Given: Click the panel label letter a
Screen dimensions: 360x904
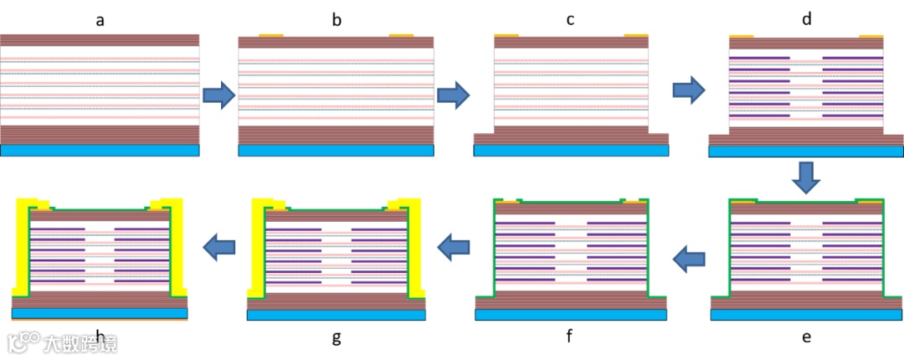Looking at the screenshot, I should click(100, 19).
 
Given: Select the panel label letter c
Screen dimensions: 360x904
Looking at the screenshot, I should click(570, 19).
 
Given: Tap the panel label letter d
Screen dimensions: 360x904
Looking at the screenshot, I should click(806, 19).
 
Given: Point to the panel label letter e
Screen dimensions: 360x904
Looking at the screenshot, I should click(806, 337).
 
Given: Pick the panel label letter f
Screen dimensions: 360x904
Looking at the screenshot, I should click(570, 337).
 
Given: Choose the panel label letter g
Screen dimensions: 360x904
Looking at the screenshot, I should click(336, 337).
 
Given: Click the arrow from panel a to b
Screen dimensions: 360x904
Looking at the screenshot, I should click(218, 95).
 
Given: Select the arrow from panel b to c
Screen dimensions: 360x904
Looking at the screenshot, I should click(453, 95).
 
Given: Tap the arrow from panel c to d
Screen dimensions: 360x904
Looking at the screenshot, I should click(688, 89).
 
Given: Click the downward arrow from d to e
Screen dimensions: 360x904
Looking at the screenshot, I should click(806, 175).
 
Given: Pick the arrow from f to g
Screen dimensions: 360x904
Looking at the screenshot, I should click(453, 246).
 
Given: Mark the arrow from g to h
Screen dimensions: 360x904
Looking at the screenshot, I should click(218, 246).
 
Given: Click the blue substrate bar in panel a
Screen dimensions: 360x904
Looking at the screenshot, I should click(100, 151).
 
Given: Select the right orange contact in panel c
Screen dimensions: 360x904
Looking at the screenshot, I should click(636, 35).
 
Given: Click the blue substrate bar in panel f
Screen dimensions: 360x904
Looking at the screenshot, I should click(570, 315).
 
